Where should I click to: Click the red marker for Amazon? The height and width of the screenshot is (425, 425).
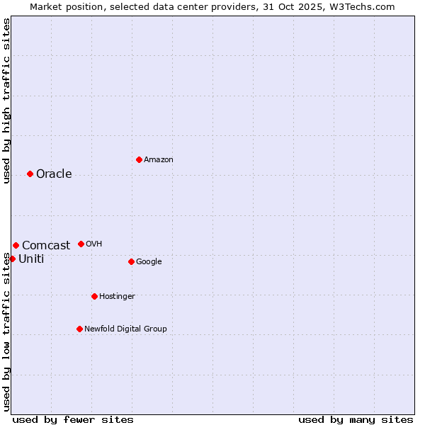click(139, 159)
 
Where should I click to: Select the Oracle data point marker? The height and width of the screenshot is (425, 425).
click(30, 174)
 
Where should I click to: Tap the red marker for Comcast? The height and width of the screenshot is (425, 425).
click(16, 245)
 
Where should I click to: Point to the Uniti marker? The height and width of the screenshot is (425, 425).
click(12, 259)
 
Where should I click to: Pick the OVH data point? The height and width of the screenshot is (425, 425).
click(81, 244)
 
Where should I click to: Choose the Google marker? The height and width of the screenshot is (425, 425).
click(131, 261)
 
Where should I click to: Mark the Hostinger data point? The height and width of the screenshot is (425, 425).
click(94, 296)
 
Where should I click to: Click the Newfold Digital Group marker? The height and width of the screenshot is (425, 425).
click(79, 329)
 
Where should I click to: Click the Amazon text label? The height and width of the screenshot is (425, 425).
click(159, 160)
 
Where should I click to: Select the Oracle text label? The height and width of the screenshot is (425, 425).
click(54, 174)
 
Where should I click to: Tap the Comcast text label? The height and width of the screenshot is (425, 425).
click(46, 246)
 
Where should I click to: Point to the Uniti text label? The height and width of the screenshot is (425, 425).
click(31, 259)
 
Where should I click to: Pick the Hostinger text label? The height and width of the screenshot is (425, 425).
click(117, 297)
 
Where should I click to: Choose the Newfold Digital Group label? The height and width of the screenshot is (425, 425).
click(125, 329)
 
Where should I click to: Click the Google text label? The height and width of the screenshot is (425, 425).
click(149, 262)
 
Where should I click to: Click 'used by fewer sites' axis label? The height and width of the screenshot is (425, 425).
click(73, 419)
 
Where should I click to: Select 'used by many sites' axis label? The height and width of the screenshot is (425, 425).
click(356, 419)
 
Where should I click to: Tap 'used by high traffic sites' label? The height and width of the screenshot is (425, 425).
click(7, 101)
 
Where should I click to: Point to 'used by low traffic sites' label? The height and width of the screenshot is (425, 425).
click(7, 331)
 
